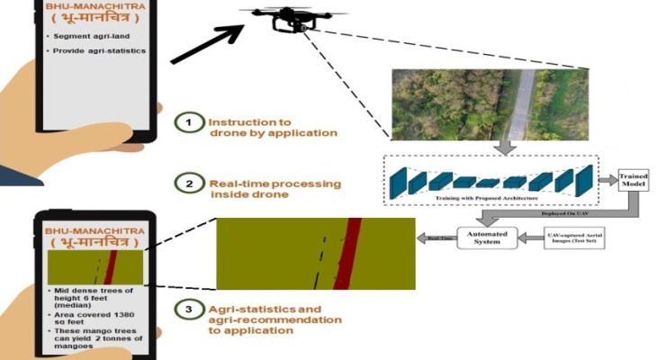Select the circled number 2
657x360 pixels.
188,185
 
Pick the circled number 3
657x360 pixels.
188,310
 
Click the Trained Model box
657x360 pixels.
634,180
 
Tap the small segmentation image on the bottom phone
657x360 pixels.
95,268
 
